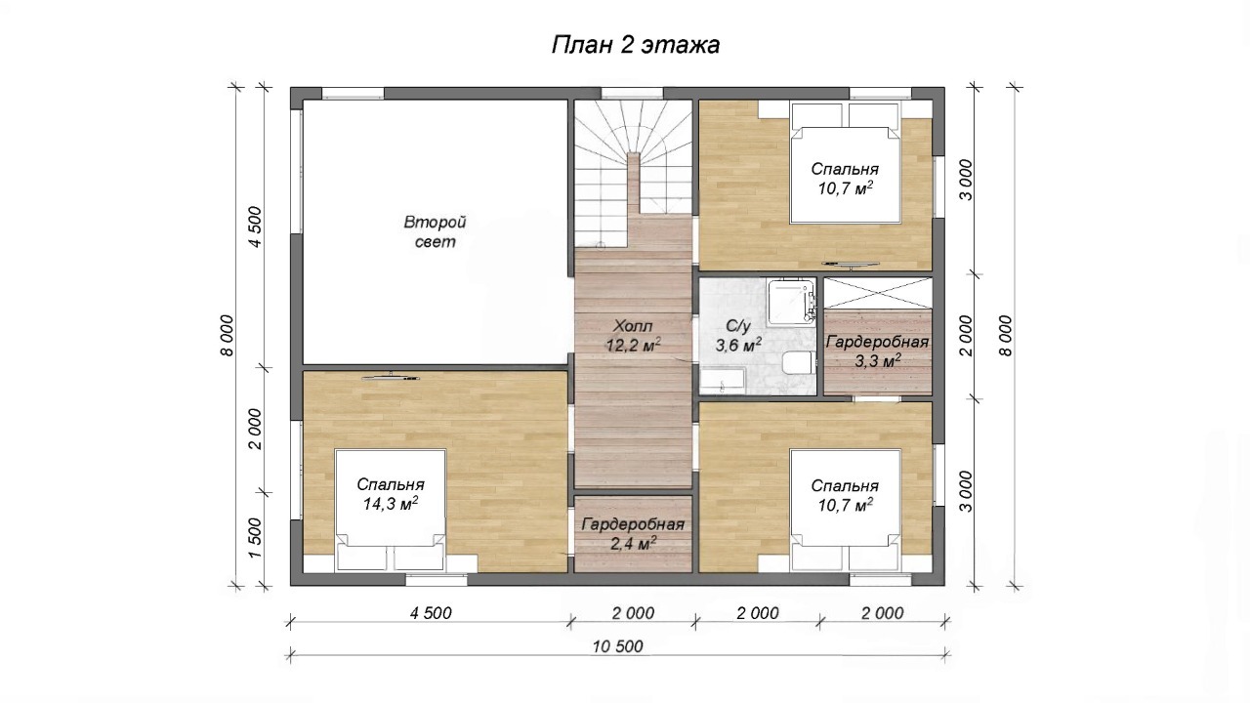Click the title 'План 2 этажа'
pyautogui.click(x=636, y=45)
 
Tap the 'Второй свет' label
pyautogui.click(x=435, y=232)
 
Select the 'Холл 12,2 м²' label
pyautogui.click(x=633, y=336)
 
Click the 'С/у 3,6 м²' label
pyautogui.click(x=738, y=336)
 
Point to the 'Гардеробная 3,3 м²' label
pyautogui.click(x=877, y=351)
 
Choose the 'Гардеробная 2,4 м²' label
pyautogui.click(x=633, y=534)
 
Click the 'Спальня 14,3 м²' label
pyautogui.click(x=391, y=494)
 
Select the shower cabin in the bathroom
pyautogui.click(x=791, y=302)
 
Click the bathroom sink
pyautogui.click(x=722, y=381)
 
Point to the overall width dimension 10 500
pyautogui.click(x=618, y=646)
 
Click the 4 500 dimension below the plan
pyautogui.click(x=431, y=613)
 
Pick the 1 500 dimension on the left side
pyautogui.click(x=255, y=538)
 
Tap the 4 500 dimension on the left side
pyautogui.click(x=255, y=227)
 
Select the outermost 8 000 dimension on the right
pyautogui.click(x=1005, y=336)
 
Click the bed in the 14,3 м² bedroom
pyautogui.click(x=390, y=511)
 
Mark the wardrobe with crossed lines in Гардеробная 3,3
pyautogui.click(x=878, y=293)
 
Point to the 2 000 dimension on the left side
pyautogui.click(x=255, y=429)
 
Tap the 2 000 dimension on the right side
pyautogui.click(x=966, y=336)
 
